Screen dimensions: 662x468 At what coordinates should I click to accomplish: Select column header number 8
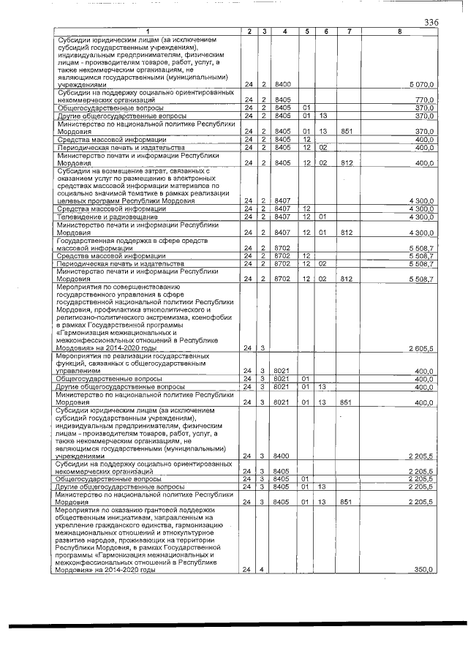399,31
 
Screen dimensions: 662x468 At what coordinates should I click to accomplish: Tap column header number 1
147,31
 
